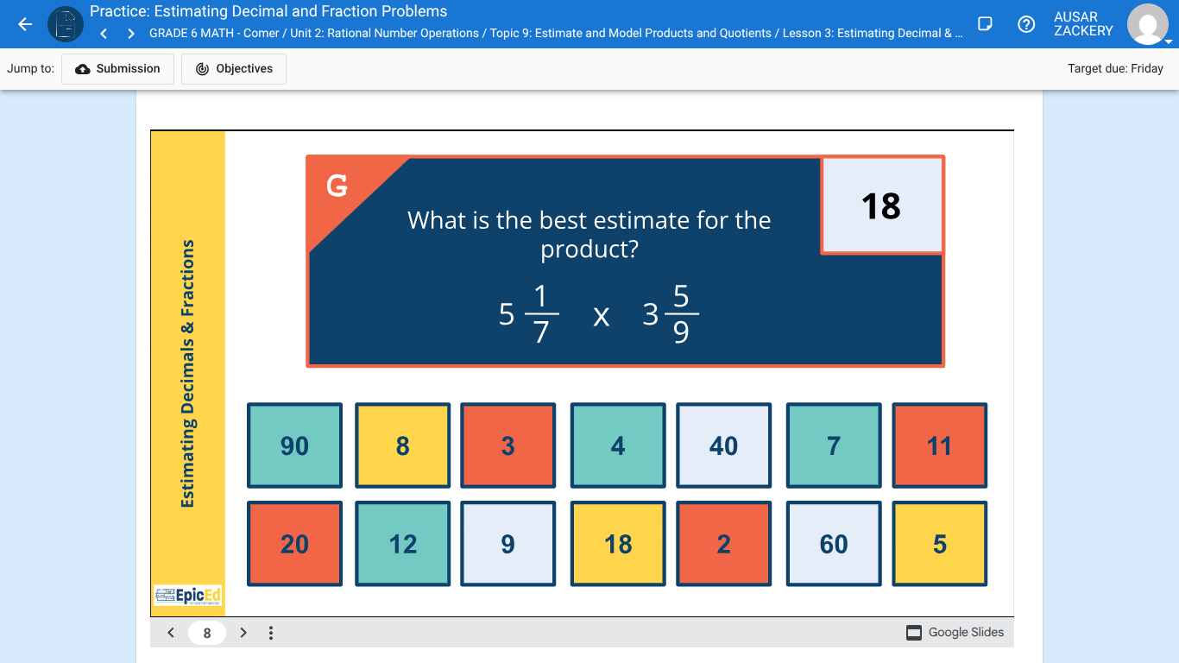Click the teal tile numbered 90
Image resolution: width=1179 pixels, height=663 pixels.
click(x=294, y=445)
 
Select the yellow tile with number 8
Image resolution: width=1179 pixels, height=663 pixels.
click(x=402, y=445)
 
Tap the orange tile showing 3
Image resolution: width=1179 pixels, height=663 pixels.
click(x=508, y=445)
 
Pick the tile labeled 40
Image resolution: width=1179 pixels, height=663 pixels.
click(x=723, y=445)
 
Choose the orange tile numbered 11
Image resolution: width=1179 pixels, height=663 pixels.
click(x=939, y=445)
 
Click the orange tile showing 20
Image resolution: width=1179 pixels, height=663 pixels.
click(x=294, y=544)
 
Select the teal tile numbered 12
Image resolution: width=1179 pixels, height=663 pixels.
click(x=402, y=544)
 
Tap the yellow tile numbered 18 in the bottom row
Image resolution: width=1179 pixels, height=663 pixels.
click(x=618, y=544)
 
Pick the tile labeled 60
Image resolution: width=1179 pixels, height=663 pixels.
click(x=834, y=544)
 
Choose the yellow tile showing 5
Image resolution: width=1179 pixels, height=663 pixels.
click(x=939, y=544)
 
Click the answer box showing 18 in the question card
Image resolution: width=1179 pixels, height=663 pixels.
click(x=881, y=205)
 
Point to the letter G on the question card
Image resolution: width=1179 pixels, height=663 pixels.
click(x=337, y=185)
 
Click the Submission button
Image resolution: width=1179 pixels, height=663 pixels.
click(x=117, y=69)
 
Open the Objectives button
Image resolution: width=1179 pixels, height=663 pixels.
click(x=234, y=69)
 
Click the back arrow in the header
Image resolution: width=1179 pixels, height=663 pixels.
click(x=25, y=24)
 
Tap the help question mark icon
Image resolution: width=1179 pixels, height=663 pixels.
click(x=1026, y=24)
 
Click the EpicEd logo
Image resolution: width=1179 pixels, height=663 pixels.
click(x=187, y=595)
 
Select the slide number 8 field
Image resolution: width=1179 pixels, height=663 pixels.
click(x=207, y=633)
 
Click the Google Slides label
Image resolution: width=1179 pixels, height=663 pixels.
click(x=955, y=633)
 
